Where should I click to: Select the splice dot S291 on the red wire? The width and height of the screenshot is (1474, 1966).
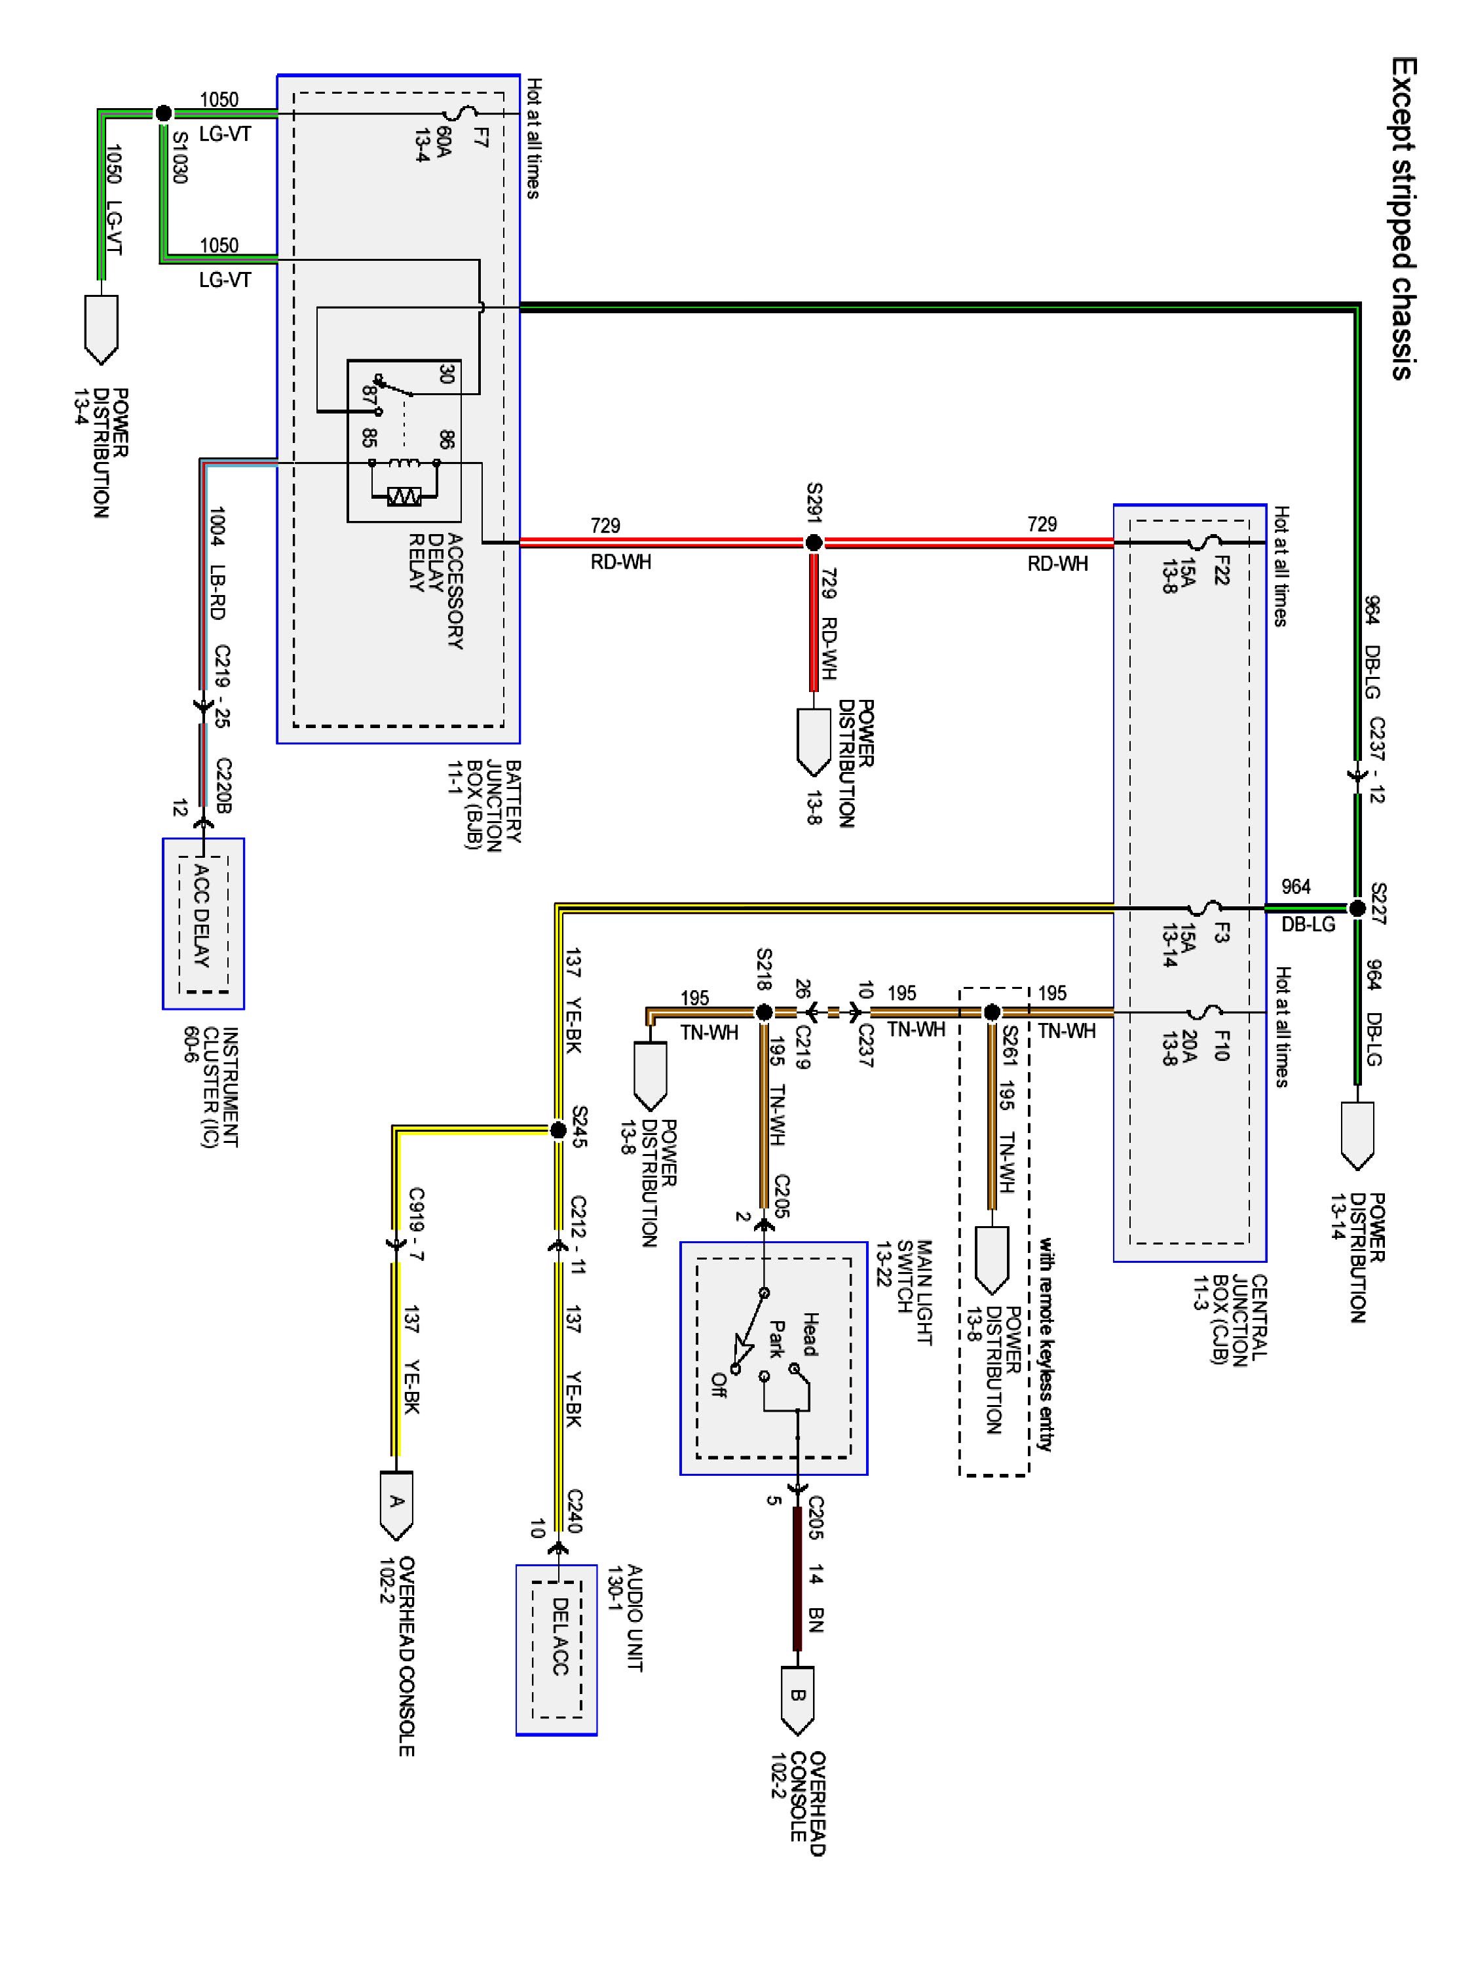point(813,542)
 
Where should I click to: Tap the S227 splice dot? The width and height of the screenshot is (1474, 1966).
point(1356,908)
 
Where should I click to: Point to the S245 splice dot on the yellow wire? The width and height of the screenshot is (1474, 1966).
point(558,1130)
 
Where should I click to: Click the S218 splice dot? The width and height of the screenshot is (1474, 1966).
point(763,1011)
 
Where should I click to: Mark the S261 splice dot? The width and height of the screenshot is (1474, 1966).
point(992,1011)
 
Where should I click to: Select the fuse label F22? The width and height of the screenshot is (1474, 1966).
point(1220,569)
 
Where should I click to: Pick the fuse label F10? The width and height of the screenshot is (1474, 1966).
point(1220,1045)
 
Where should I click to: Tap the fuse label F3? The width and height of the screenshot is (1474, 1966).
point(1220,933)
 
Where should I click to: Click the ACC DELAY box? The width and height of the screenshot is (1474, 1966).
point(204,923)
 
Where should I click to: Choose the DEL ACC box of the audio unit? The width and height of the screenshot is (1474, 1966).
point(556,1649)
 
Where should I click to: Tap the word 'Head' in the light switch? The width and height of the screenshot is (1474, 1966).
point(810,1333)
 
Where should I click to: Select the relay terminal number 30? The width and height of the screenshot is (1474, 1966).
point(447,374)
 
